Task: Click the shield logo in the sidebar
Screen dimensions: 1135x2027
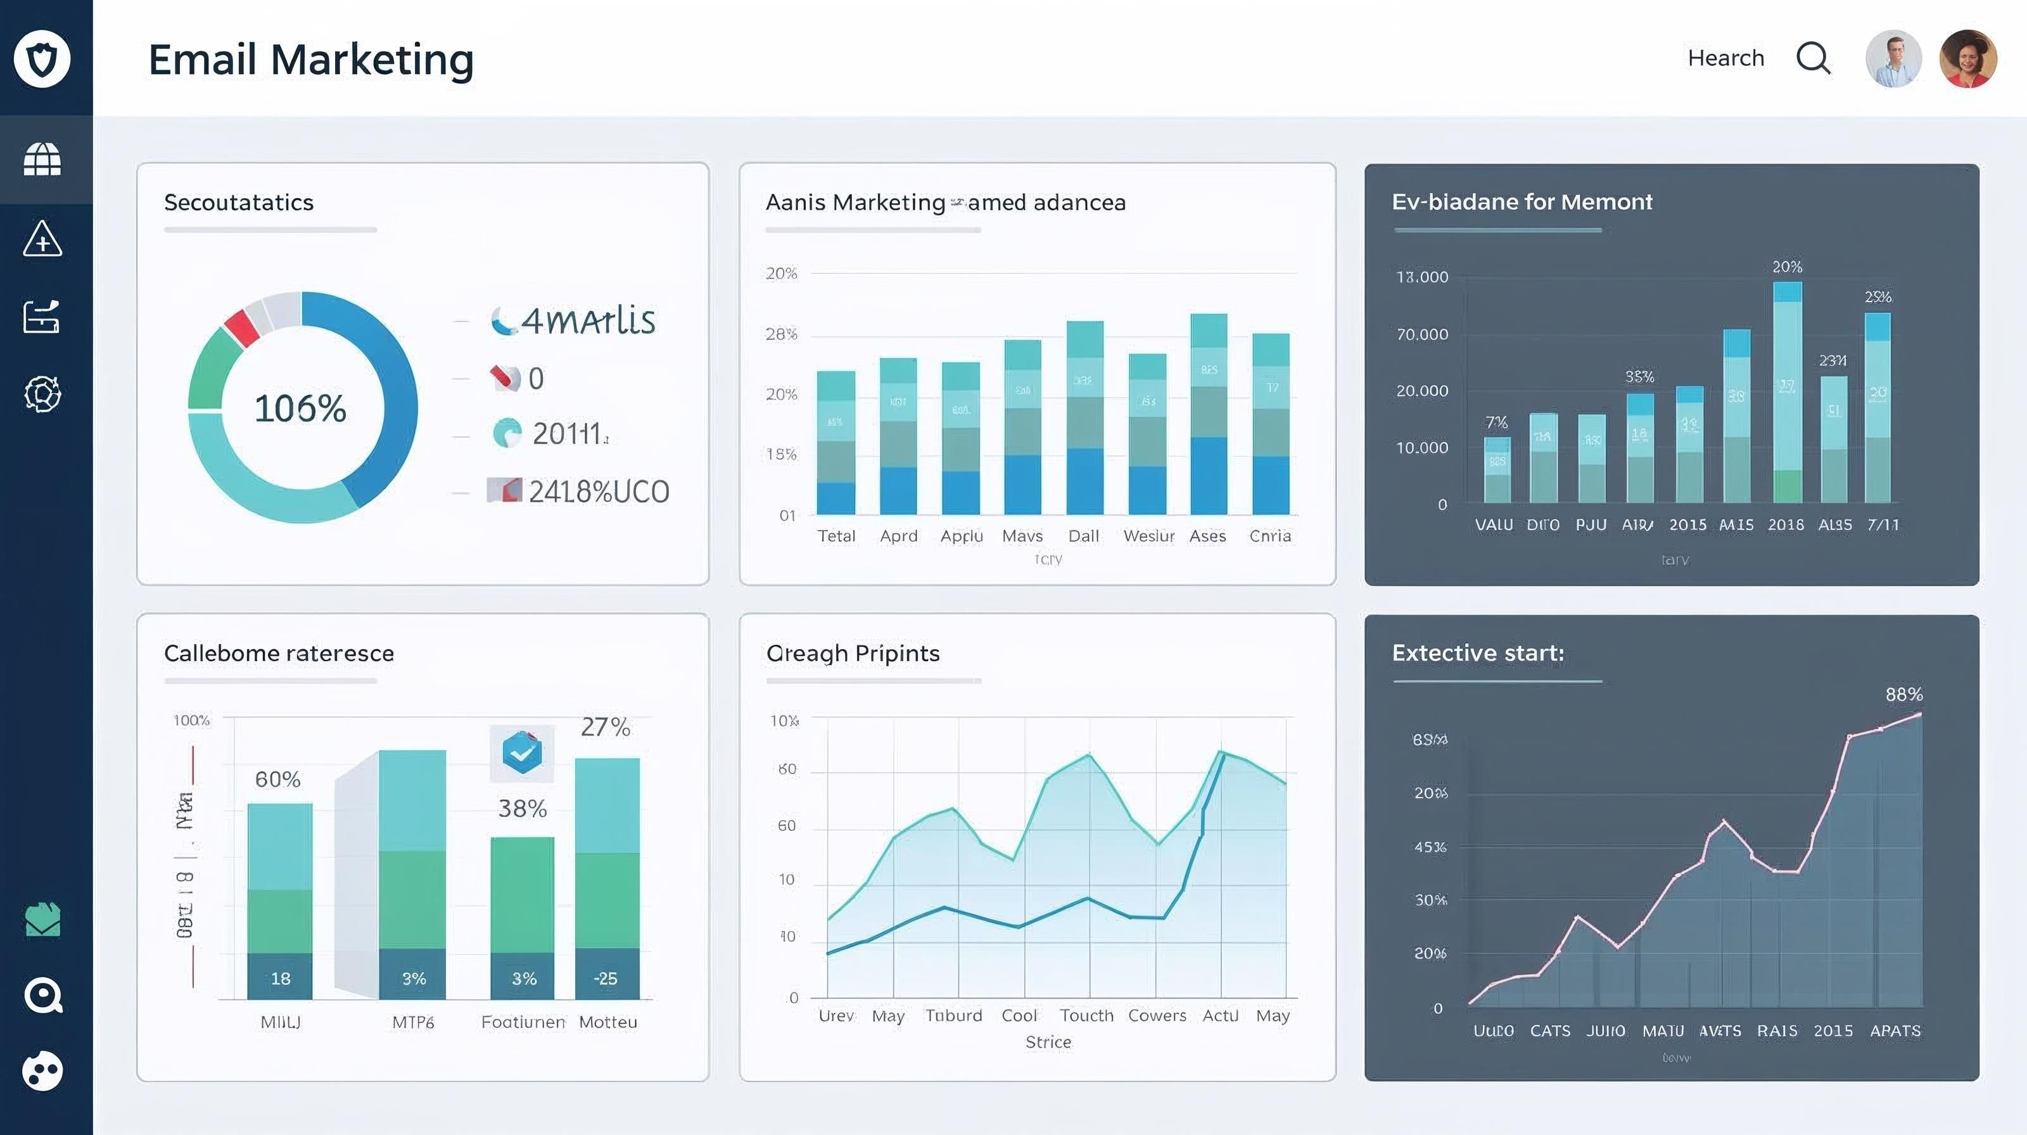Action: point(42,59)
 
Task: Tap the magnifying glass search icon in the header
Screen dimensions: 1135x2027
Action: point(1813,58)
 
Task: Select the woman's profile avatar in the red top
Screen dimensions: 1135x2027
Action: point(1967,59)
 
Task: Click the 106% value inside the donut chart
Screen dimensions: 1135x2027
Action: point(300,409)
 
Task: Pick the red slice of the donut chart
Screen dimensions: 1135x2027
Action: point(241,328)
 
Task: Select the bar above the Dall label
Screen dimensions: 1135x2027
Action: point(1084,417)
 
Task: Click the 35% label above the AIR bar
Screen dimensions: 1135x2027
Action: point(1639,377)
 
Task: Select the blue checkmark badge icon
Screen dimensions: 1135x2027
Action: point(522,752)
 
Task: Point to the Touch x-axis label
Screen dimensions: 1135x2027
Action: point(1086,1015)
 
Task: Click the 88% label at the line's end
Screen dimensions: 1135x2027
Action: point(1903,695)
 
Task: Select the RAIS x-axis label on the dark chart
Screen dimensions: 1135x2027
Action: point(1777,1030)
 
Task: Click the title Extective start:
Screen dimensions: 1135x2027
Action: point(1478,653)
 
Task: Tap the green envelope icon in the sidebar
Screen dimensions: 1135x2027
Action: point(42,920)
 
